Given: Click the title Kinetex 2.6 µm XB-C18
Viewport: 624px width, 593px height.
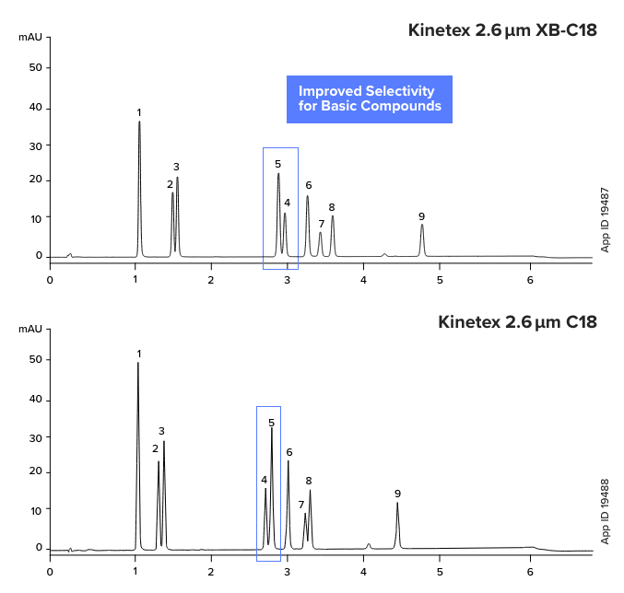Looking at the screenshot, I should (502, 30).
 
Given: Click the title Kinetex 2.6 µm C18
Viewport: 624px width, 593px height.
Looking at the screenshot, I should (517, 322).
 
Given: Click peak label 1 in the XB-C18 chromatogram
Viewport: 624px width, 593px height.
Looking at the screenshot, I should (139, 112).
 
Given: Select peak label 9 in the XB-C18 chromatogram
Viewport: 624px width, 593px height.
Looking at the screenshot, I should (421, 216).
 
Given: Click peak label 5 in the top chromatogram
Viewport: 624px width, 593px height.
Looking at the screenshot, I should (277, 164).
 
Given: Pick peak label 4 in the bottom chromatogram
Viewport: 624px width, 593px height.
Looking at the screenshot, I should (264, 480).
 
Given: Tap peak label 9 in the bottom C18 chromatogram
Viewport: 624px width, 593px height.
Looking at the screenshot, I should (397, 494).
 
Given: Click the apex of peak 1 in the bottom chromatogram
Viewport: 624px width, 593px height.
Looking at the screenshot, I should (138, 363).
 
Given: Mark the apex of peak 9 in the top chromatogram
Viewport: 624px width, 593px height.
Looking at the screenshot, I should (422, 225).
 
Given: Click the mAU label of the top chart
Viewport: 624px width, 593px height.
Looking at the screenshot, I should (30, 38).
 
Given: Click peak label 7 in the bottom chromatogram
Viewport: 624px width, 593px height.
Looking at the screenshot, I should (300, 505).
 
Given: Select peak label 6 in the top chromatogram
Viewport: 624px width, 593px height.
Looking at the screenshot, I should (309, 185).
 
